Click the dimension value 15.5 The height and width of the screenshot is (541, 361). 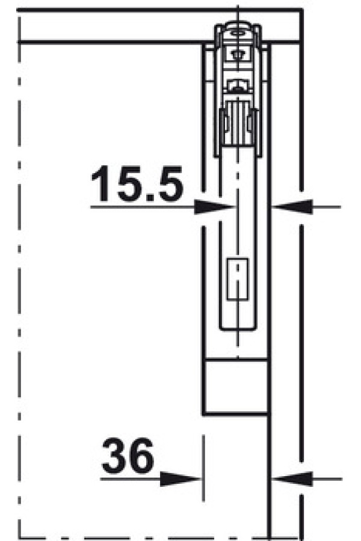click(x=137, y=183)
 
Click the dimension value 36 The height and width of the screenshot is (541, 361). click(x=128, y=456)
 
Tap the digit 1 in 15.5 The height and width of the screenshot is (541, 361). click(x=101, y=183)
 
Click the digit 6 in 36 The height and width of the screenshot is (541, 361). click(x=141, y=456)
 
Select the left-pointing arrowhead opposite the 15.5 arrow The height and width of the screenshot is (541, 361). click(x=292, y=207)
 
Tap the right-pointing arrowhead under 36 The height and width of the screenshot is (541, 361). click(x=180, y=479)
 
